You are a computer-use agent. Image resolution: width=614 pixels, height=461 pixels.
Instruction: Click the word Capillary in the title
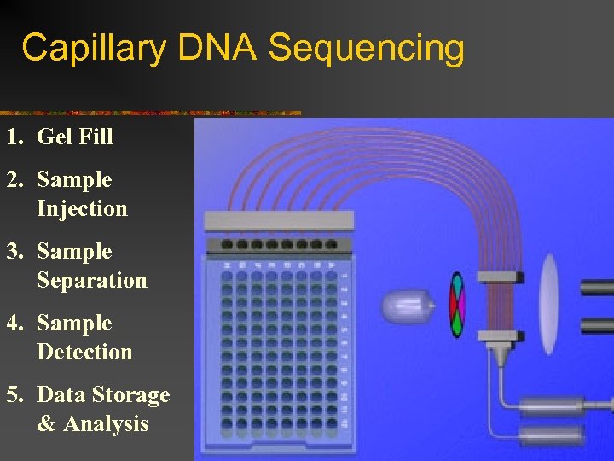coord(93,48)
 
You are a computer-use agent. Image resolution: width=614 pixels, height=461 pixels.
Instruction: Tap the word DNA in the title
coord(217,48)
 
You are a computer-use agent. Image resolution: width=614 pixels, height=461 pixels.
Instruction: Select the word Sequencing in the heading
coord(367,50)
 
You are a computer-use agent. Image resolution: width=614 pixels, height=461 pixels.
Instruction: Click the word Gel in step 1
coord(54,137)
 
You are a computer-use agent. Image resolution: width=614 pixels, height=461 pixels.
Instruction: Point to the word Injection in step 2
coord(82,209)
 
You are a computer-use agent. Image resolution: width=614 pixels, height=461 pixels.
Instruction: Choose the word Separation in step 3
coord(92,281)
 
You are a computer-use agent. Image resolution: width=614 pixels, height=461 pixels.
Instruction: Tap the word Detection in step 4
coord(84,353)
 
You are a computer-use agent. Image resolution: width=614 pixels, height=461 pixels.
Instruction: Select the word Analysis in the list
coord(106,424)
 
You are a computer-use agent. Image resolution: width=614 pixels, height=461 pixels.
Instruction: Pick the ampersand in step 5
coord(45,424)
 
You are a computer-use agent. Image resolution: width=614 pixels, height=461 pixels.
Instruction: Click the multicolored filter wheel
coord(458,305)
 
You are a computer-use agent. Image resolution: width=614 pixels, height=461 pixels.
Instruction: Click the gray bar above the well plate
coord(278,220)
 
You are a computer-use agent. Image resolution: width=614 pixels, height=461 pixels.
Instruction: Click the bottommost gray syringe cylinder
coord(552,435)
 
